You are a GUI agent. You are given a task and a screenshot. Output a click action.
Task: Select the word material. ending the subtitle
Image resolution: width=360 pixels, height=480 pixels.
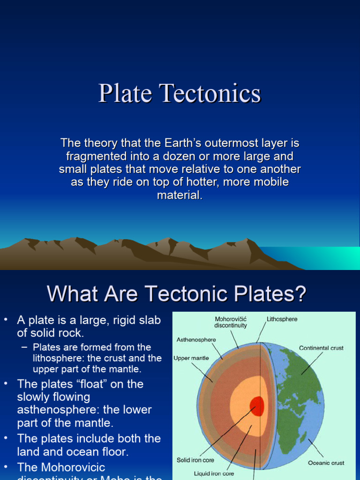[x=180, y=195]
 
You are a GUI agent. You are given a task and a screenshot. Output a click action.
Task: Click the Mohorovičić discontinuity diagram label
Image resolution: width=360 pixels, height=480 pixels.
[x=231, y=322]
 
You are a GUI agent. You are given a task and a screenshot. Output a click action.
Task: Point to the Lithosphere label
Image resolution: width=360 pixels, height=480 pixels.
[x=282, y=319]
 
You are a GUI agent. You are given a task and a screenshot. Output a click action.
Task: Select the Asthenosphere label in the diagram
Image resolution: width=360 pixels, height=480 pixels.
[x=196, y=339]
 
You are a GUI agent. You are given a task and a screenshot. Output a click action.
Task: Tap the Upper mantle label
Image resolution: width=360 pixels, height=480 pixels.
[x=191, y=358]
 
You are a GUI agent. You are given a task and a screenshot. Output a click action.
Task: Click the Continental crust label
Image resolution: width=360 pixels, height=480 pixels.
[x=321, y=348]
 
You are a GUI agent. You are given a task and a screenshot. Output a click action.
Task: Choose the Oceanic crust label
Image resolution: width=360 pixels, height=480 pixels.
[x=326, y=463]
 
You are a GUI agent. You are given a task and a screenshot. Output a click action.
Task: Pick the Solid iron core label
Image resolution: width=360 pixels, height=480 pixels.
[x=196, y=460]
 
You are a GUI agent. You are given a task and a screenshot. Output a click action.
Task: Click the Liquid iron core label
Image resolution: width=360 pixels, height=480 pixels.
[x=214, y=473]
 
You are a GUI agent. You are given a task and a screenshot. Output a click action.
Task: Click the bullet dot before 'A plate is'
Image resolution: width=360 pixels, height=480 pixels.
[x=6, y=320]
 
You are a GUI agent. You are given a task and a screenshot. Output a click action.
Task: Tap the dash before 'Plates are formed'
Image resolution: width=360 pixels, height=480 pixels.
[x=25, y=347]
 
